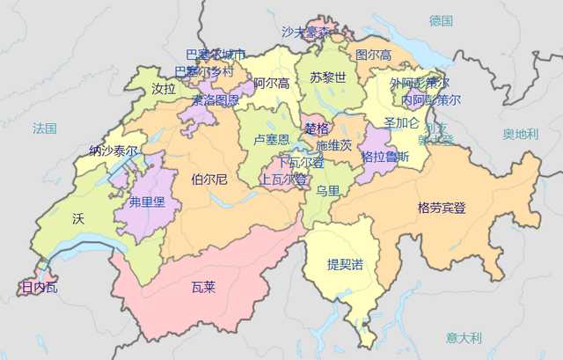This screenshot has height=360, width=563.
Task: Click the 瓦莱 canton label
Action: (203, 286)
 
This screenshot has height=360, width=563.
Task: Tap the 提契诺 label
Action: (345, 264)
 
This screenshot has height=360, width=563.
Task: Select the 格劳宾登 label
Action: (442, 209)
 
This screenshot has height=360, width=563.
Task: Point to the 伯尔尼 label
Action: (208, 180)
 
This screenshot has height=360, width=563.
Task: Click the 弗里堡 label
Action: (146, 202)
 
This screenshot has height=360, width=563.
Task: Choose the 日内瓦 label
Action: (39, 287)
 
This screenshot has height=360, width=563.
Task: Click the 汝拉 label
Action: (164, 89)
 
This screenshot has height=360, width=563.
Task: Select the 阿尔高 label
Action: (271, 84)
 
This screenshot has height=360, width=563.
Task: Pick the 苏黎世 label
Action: (327, 77)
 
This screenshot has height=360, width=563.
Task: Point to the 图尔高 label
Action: (373, 55)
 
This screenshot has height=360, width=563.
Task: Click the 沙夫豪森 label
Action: (306, 32)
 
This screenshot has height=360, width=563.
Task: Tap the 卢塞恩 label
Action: (271, 139)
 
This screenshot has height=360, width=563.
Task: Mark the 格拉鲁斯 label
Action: (385, 157)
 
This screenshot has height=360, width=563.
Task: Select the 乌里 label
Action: (328, 191)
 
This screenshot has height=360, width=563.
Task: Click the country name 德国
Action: (441, 20)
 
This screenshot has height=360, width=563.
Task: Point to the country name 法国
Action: (44, 129)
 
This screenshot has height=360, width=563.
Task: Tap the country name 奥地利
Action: (520, 135)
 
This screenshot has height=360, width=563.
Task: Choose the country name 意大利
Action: (464, 337)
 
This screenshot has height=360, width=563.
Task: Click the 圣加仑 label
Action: (401, 122)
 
